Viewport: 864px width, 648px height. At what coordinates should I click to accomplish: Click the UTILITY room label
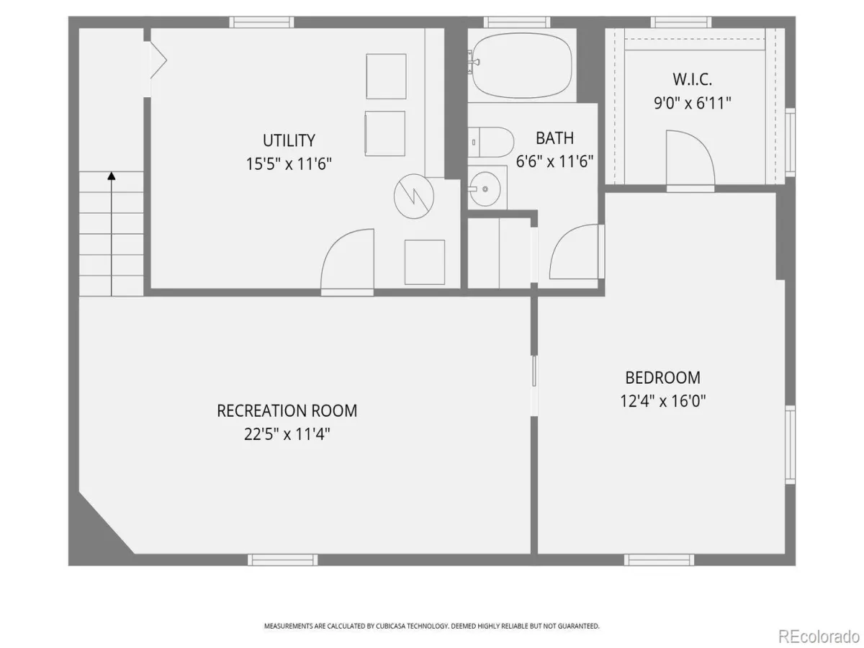(289, 140)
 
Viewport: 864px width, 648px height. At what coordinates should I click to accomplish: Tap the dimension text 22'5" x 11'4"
(287, 434)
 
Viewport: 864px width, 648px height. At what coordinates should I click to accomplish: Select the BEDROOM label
(663, 378)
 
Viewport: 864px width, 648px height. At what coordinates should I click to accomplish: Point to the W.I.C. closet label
(692, 79)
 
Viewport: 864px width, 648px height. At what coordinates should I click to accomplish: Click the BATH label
(554, 138)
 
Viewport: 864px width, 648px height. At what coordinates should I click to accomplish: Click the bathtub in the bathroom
(521, 66)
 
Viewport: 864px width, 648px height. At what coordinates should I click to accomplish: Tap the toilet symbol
(491, 142)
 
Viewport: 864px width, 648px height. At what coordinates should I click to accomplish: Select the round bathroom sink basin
(485, 189)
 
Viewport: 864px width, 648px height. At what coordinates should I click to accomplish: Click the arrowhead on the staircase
(112, 176)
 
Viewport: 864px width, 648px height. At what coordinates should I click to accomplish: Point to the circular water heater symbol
(414, 197)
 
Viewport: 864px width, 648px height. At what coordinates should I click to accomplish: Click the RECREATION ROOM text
(287, 410)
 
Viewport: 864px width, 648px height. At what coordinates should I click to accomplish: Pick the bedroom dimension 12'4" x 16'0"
(663, 401)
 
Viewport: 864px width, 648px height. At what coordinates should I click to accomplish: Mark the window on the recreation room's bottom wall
(283, 559)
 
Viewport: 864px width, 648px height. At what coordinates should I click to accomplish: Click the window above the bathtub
(517, 22)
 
